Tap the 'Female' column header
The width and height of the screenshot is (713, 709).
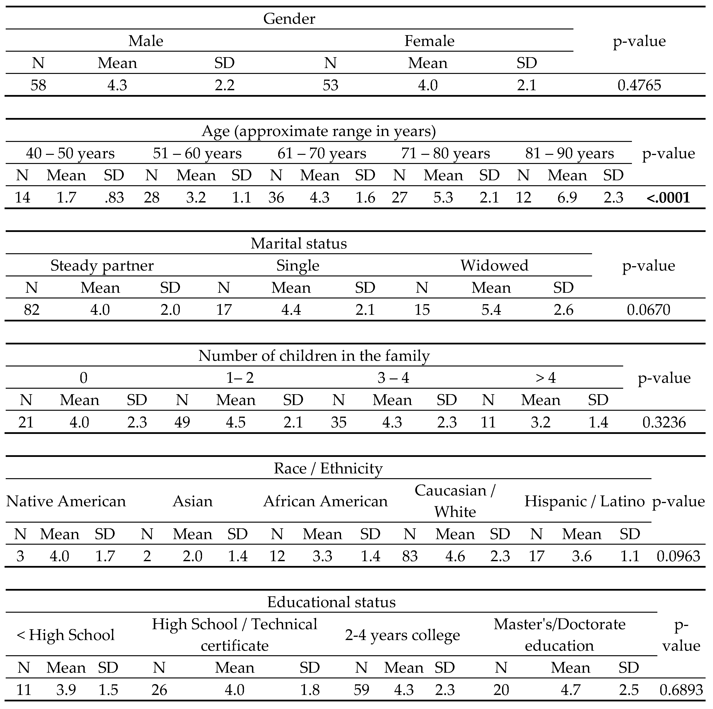click(x=429, y=41)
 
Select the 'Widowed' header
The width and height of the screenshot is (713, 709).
click(x=494, y=266)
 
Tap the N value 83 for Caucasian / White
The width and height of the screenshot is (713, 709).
click(x=410, y=556)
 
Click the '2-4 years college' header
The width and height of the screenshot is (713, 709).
click(x=402, y=635)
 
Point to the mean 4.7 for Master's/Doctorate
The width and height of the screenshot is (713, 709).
click(x=571, y=690)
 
